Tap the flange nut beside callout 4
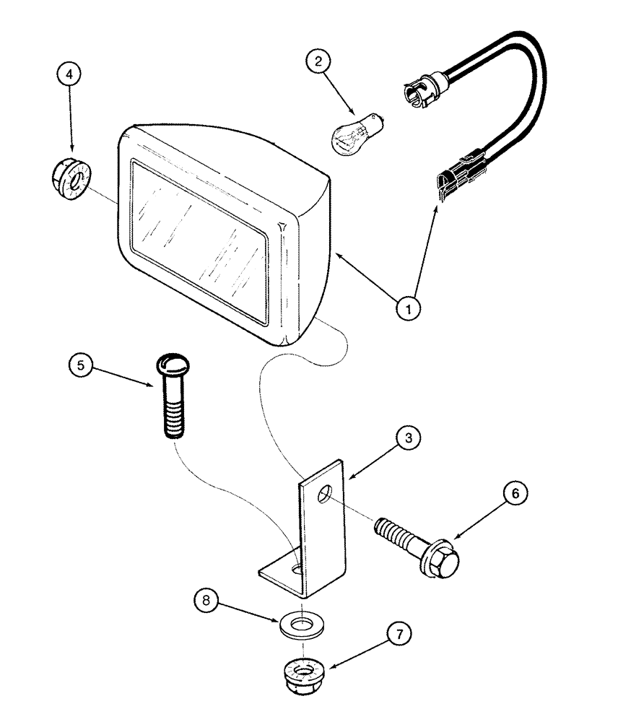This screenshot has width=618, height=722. (69, 178)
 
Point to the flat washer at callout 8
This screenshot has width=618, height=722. (300, 622)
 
